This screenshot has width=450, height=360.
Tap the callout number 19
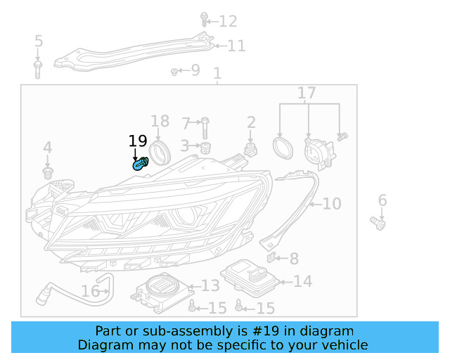(x=138, y=141)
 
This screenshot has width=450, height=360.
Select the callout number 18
(x=160, y=121)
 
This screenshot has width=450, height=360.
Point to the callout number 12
(x=229, y=21)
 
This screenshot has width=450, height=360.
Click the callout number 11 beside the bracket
(x=236, y=46)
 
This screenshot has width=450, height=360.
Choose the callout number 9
(x=195, y=70)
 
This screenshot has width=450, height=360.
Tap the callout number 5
(x=39, y=41)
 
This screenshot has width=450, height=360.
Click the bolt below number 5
(x=38, y=68)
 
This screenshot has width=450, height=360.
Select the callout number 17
(x=307, y=93)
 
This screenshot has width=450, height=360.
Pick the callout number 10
(x=332, y=204)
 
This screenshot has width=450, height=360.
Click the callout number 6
(x=382, y=201)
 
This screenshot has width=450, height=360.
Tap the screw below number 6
(x=379, y=224)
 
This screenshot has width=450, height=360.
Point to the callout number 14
(x=302, y=282)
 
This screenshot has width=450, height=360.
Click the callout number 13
(x=211, y=285)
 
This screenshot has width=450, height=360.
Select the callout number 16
(x=91, y=291)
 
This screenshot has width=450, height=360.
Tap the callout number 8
(x=294, y=259)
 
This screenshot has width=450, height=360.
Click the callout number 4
(x=48, y=148)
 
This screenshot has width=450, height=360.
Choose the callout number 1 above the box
(x=217, y=73)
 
